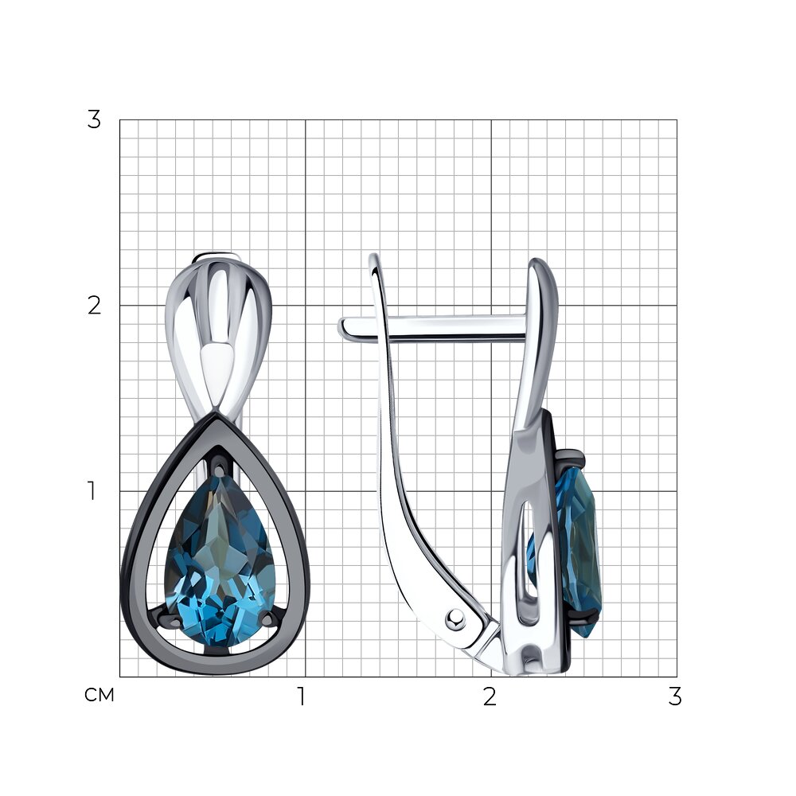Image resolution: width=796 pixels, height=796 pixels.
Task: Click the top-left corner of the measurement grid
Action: pyautogui.click(x=120, y=120)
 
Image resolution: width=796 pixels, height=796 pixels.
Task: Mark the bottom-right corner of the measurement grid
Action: pyautogui.click(x=677, y=677)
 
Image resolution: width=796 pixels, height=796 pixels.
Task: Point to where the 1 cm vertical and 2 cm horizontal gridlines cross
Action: pyautogui.click(x=305, y=305)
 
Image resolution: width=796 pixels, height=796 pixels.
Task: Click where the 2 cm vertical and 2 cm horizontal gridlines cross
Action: pyautogui.click(x=491, y=305)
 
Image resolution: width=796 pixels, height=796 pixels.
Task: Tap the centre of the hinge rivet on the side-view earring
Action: pyautogui.click(x=455, y=618)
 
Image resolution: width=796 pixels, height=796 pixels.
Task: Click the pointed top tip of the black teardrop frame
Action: pyautogui.click(x=217, y=414)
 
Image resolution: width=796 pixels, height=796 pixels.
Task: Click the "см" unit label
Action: pyautogui.click(x=99, y=695)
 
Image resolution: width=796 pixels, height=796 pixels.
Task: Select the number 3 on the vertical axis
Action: pyautogui.click(x=94, y=120)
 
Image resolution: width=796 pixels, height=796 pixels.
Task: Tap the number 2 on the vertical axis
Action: pyautogui.click(x=94, y=306)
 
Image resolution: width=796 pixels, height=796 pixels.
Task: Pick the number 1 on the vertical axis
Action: pyautogui.click(x=92, y=491)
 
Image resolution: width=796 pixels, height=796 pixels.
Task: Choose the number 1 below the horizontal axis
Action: pyautogui.click(x=302, y=696)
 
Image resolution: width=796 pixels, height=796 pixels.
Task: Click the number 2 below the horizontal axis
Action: pyautogui.click(x=490, y=696)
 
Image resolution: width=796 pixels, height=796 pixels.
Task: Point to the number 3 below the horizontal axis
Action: pyautogui.click(x=675, y=696)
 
